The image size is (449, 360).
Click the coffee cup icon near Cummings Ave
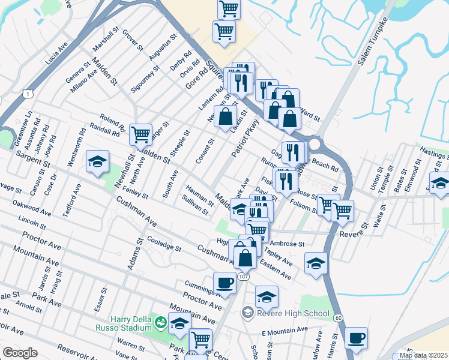click(224, 282)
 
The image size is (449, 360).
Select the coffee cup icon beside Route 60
click(357, 337)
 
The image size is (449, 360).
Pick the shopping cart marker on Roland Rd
click(140, 134)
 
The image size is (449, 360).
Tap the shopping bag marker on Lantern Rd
click(226, 116)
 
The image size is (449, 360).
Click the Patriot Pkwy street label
click(246, 139)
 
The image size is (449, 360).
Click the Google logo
click(20, 353)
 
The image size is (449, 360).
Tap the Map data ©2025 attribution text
click(423, 355)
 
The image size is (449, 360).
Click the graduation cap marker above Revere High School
click(267, 296)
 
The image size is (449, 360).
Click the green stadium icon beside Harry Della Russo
click(160, 323)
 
